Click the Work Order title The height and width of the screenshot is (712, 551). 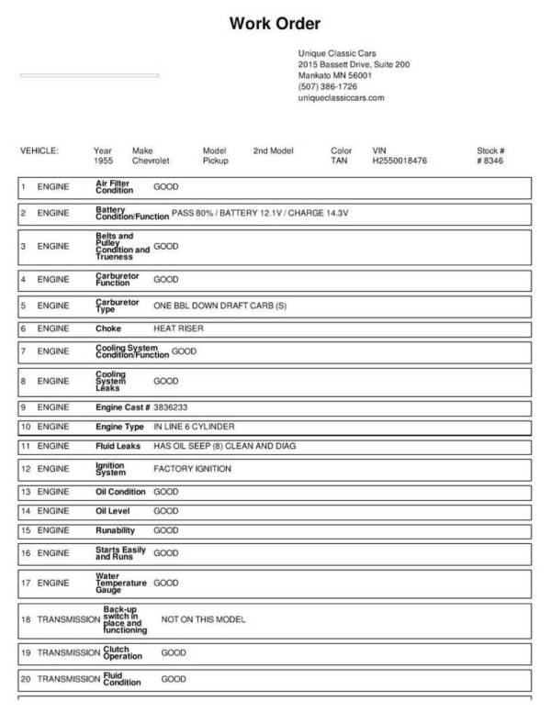(x=275, y=23)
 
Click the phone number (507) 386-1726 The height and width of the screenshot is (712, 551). (x=328, y=86)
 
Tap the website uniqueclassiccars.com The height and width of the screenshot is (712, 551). (x=342, y=97)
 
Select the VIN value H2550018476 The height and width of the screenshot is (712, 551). (x=400, y=161)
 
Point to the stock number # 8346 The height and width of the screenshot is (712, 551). (x=490, y=161)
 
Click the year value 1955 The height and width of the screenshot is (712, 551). (x=104, y=161)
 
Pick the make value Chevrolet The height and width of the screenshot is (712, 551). (x=152, y=161)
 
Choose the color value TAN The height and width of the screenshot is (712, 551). (x=339, y=161)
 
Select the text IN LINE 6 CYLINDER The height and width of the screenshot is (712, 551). (x=194, y=427)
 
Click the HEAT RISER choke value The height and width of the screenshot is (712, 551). (x=178, y=328)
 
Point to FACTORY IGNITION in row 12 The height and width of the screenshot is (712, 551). (x=192, y=469)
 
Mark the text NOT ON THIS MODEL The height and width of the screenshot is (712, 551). (x=203, y=619)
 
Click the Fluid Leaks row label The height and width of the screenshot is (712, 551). (x=118, y=446)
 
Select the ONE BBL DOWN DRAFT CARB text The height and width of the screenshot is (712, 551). (x=219, y=305)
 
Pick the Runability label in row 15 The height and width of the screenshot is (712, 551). (x=116, y=530)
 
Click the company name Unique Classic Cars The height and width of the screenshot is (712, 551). (x=337, y=53)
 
